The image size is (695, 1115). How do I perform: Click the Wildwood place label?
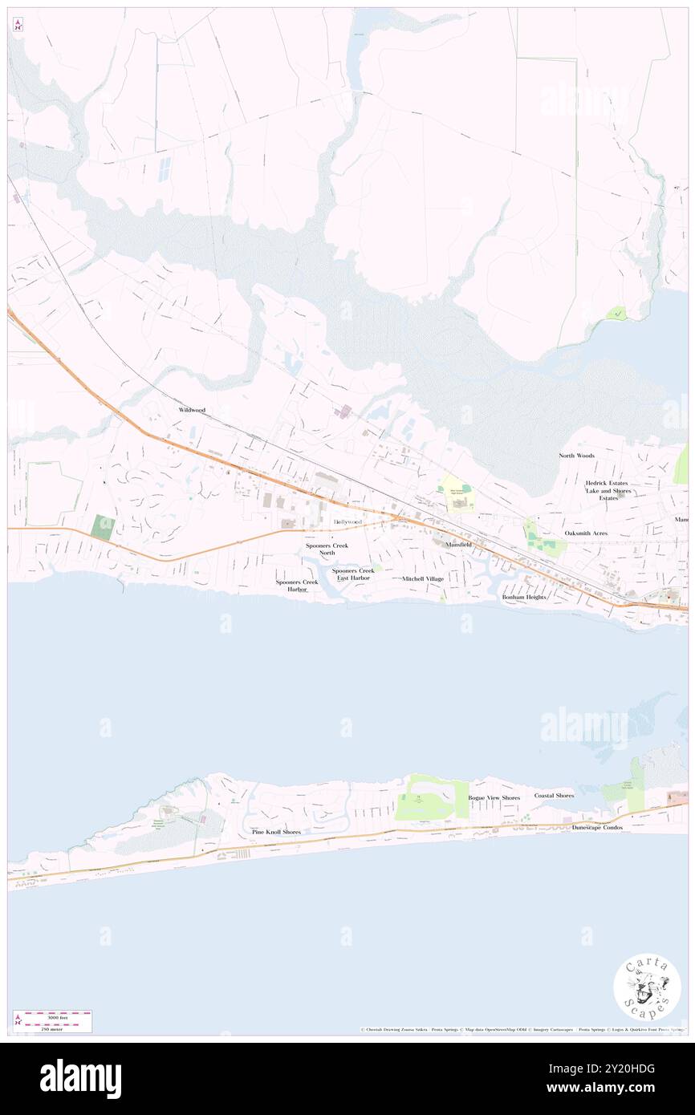point(192,410)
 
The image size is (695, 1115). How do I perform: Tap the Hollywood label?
point(347,522)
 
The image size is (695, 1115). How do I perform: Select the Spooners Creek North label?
point(326,549)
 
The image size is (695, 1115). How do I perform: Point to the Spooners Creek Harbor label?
point(297,586)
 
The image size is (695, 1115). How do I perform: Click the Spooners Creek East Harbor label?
point(353,574)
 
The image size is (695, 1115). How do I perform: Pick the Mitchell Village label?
point(423,578)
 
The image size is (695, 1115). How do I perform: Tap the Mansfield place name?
point(459,545)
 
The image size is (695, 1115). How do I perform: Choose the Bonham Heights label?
point(524,598)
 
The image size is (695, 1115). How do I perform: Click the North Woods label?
point(577,456)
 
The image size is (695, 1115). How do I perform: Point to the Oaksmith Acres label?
point(586,533)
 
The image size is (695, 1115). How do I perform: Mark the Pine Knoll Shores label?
point(276,832)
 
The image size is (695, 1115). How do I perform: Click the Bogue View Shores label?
point(494,798)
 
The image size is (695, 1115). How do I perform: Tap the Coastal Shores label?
point(554,796)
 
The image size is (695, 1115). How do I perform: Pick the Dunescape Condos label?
point(597,827)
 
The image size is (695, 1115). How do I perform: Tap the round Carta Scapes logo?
point(647,986)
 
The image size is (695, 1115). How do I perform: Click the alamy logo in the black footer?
point(80,1079)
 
